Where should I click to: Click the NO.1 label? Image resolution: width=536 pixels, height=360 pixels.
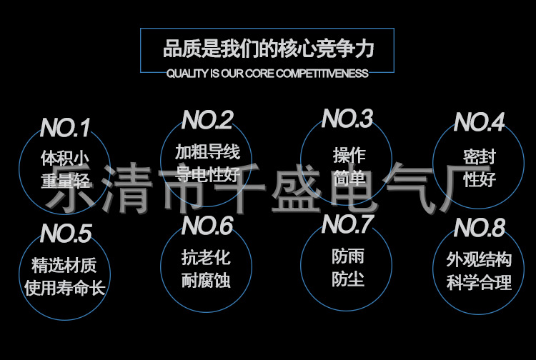pos(65,129)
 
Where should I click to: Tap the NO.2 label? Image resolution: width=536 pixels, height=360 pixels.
pos(207,120)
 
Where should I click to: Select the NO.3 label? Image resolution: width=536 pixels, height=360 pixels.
pos(347,119)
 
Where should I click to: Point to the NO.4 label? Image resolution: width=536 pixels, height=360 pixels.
pos(480,123)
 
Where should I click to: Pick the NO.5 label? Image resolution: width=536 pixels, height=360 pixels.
pos(66,234)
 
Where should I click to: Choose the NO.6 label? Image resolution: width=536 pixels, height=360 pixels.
pos(207,226)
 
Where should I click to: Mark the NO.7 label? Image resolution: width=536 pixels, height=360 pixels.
pos(347,224)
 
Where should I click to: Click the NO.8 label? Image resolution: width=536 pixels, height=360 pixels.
pos(480,229)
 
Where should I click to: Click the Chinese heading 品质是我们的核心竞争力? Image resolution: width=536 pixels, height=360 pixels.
pos(268,49)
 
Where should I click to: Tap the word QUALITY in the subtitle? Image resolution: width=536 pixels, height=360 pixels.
pos(187,74)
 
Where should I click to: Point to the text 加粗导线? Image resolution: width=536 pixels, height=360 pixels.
pos(207,151)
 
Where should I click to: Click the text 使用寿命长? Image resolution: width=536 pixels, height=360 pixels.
pos(65,289)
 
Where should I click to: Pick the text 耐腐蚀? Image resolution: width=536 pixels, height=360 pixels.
pos(207,280)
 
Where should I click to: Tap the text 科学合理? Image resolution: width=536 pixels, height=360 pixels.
pos(480,282)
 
